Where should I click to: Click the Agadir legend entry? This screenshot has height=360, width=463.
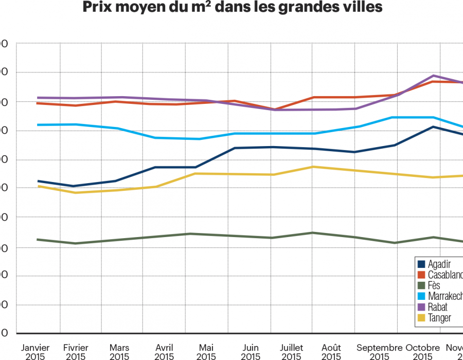pos(439,264)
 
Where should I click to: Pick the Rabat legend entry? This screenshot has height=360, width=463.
pos(437,307)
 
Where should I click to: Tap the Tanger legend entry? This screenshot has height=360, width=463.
pos(439,318)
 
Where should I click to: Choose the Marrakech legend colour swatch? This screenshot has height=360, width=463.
pos(421,296)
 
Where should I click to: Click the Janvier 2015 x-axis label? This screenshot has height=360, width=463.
pos(35,352)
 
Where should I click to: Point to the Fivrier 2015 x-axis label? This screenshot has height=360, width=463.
pos(75,352)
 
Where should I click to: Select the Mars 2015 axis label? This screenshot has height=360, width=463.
pos(119,352)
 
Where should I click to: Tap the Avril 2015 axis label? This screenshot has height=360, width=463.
pos(164,352)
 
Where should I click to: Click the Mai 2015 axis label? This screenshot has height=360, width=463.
pos(206,352)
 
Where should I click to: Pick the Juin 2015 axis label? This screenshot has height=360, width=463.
pos(250,352)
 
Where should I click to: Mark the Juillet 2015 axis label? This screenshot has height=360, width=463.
pos(291,352)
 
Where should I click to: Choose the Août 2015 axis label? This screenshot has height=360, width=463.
pos(331,352)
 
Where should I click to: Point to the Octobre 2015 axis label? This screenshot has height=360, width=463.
pos(422,352)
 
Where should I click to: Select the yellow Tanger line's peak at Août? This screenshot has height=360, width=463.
pos(313,167)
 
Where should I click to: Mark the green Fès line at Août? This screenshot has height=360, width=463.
pos(313,232)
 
